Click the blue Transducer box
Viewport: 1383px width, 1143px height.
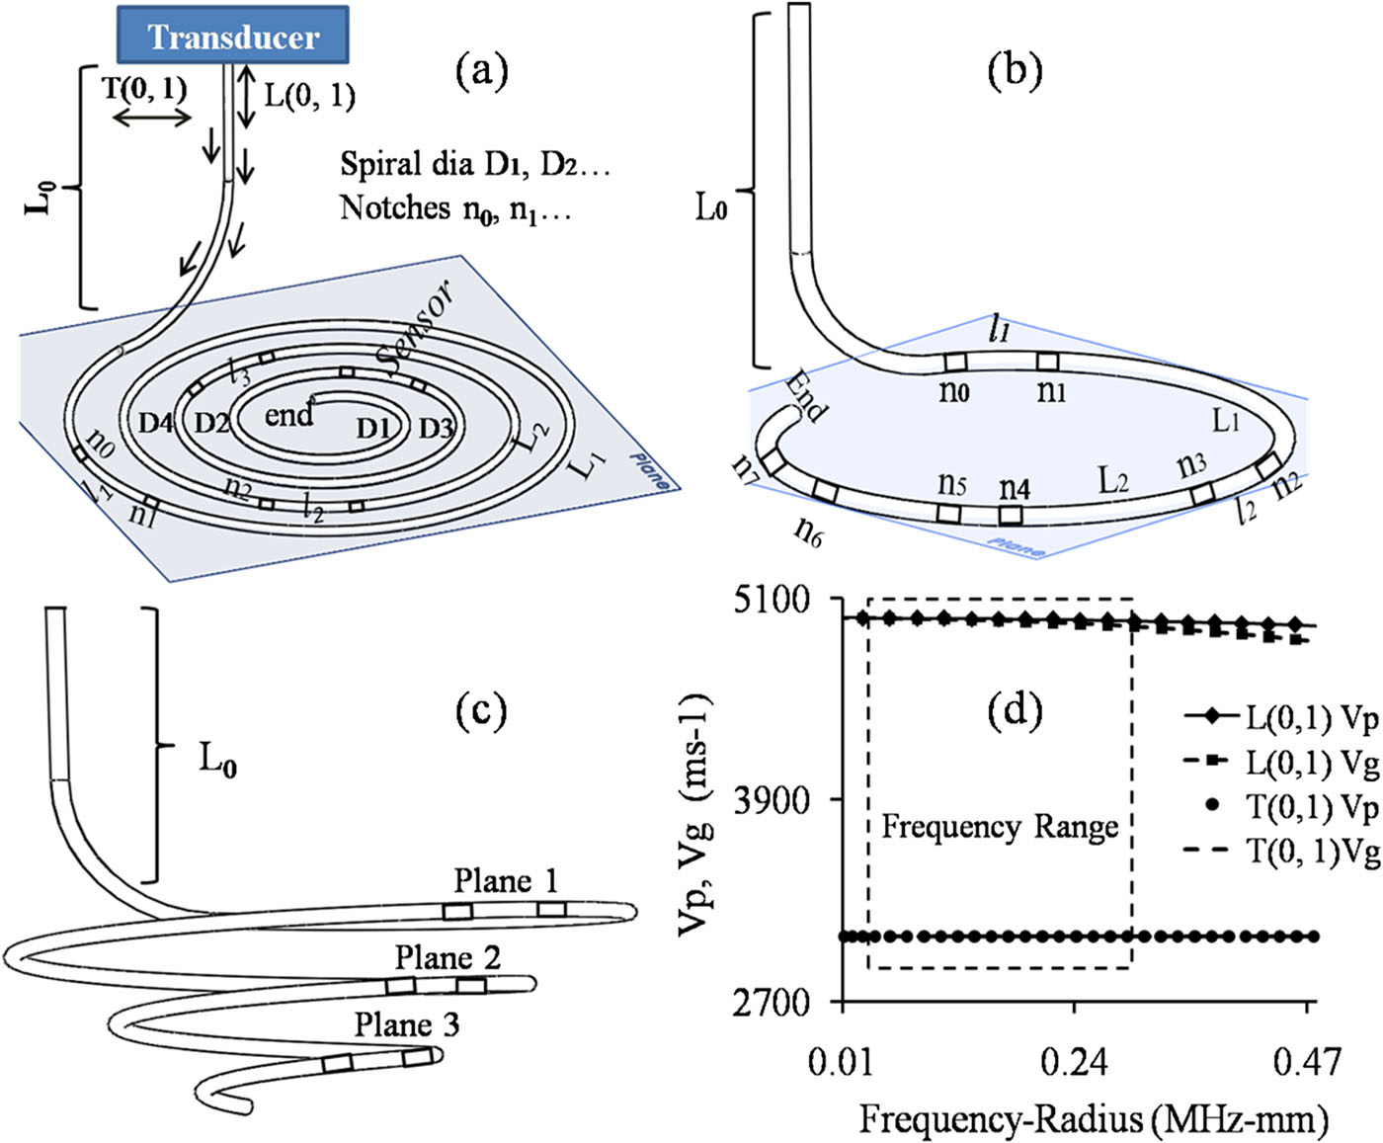point(232,36)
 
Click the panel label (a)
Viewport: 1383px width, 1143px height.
point(481,70)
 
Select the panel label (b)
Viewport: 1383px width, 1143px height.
point(1015,72)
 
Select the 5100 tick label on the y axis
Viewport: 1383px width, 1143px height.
point(772,599)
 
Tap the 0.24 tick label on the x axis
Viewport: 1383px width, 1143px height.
point(1074,1063)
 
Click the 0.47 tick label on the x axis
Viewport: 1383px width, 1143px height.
point(1307,1063)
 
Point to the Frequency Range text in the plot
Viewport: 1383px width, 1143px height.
point(999,826)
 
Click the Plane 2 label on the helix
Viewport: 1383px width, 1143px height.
point(447,957)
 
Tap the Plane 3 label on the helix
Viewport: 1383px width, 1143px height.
point(407,1024)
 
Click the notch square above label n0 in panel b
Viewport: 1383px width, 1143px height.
point(955,363)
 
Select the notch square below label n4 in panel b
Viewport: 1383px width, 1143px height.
point(1010,515)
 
